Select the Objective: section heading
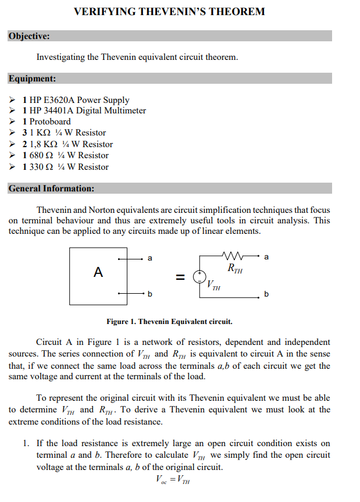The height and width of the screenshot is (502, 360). coord(29,36)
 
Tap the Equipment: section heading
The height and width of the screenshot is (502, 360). coord(33,78)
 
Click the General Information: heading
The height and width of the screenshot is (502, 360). coord(52,188)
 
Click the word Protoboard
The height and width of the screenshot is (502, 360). coord(50,122)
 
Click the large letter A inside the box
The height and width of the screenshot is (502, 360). coord(98,272)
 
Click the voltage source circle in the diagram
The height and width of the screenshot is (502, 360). coord(199,276)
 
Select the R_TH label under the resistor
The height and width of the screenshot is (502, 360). coord(235,269)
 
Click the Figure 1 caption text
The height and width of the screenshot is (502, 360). coord(169,321)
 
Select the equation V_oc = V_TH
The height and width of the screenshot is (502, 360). coord(173,479)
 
